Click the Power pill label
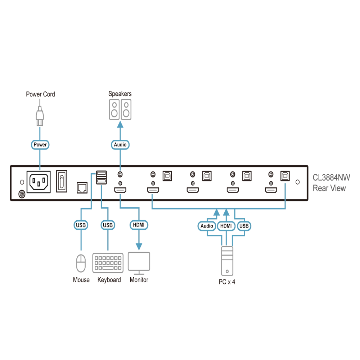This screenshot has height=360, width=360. pyautogui.click(x=40, y=145)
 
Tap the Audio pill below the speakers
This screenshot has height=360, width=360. pyautogui.click(x=120, y=145)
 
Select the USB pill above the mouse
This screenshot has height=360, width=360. pyautogui.click(x=81, y=225)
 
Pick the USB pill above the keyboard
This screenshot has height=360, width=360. pyautogui.click(x=108, y=225)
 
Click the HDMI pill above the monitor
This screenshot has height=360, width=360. pyautogui.click(x=139, y=225)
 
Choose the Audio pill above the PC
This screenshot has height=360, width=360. pyautogui.click(x=207, y=226)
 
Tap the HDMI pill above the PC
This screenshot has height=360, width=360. pyautogui.click(x=226, y=226)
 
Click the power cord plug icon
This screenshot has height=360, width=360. pyautogui.click(x=40, y=116)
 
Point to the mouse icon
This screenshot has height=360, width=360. pyautogui.click(x=81, y=263)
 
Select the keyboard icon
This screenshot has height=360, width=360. pyautogui.click(x=108, y=263)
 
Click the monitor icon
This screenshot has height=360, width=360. pyautogui.click(x=139, y=263)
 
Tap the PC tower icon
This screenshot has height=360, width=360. pyautogui.click(x=227, y=261)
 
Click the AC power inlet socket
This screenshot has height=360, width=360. pyautogui.click(x=39, y=182)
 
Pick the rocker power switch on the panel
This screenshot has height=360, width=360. pyautogui.click(x=62, y=181)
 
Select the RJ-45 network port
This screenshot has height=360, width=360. pyautogui.click(x=82, y=188)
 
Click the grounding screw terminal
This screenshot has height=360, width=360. pyautogui.click(x=22, y=194)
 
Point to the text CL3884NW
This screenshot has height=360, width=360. pyautogui.click(x=331, y=177)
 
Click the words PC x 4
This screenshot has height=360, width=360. pyautogui.click(x=227, y=282)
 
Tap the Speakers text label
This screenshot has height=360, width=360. pyautogui.click(x=120, y=94)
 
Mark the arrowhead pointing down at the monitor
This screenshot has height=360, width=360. pyautogui.click(x=139, y=247)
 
